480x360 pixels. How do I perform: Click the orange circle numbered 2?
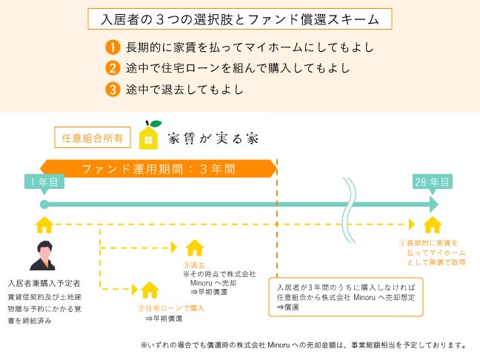[113, 69]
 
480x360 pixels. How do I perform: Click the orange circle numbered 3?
[113, 90]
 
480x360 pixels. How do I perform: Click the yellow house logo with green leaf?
[150, 135]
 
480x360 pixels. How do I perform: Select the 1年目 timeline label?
[44, 182]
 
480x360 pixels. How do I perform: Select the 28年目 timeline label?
[431, 182]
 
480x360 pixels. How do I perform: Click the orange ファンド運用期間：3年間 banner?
[159, 167]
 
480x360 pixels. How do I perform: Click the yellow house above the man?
[44, 224]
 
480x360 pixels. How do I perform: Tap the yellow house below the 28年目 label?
[432, 224]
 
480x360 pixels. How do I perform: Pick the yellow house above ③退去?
[194, 247]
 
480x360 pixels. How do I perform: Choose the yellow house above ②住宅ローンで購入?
[150, 288]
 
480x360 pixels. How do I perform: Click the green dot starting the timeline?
[44, 204]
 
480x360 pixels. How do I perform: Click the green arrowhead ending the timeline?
[433, 204]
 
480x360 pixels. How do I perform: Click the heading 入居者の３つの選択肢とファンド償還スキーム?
[240, 19]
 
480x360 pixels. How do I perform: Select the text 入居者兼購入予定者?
[44, 282]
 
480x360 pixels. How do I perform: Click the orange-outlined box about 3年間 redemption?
[345, 296]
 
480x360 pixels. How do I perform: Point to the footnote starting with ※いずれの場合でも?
[304, 344]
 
